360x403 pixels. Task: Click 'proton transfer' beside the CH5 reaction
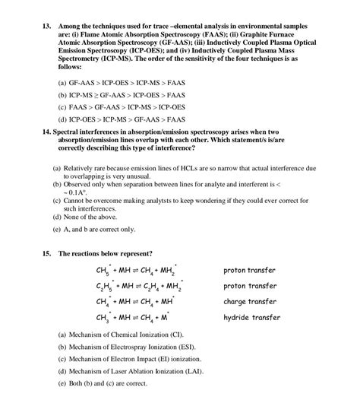tap(249, 270)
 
